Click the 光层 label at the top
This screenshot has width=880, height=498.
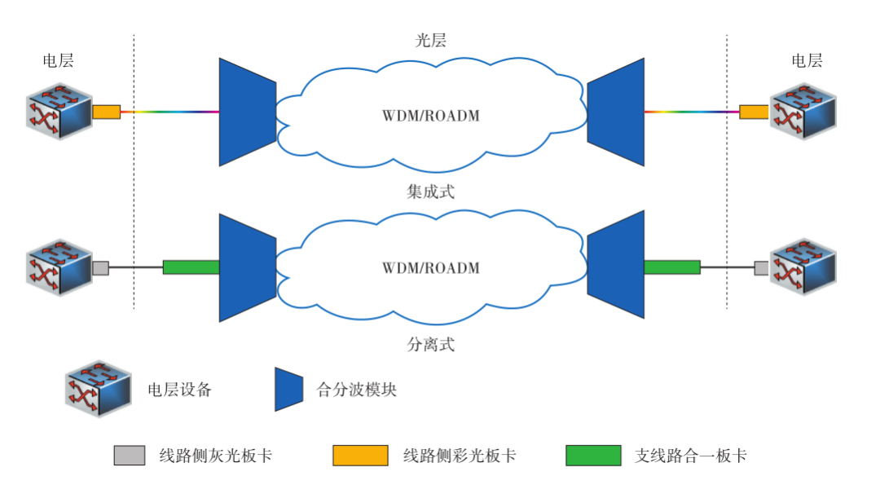click(x=430, y=41)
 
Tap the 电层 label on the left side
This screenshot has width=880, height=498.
click(x=58, y=61)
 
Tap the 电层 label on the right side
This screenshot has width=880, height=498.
click(x=807, y=61)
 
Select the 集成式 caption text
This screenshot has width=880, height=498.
click(x=430, y=192)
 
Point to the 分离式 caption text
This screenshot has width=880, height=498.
click(x=430, y=345)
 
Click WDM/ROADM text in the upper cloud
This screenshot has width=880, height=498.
click(x=431, y=115)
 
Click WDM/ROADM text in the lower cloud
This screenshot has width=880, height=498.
click(x=431, y=267)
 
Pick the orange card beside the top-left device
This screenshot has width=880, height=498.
click(x=107, y=112)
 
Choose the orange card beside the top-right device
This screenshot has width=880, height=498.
click(x=754, y=112)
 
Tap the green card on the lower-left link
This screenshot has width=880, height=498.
click(x=191, y=267)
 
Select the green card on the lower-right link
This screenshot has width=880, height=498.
click(x=671, y=267)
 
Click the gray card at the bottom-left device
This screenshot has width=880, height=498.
click(x=101, y=267)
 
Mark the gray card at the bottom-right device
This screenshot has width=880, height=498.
click(x=762, y=267)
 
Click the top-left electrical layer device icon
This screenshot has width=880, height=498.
click(x=58, y=109)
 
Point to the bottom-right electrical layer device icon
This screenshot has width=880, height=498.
click(x=803, y=266)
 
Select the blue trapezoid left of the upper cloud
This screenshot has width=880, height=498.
click(x=247, y=112)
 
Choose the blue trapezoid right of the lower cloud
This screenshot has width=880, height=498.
click(x=616, y=266)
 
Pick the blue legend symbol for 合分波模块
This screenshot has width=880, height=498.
click(x=288, y=389)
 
